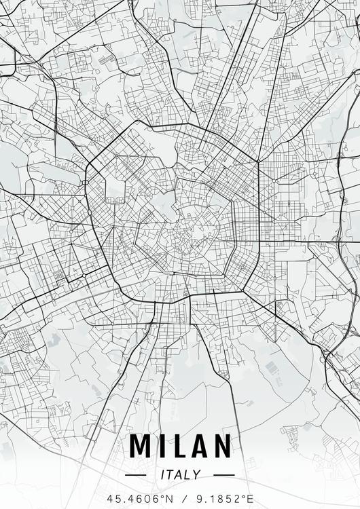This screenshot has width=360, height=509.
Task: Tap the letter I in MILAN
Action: [x=160, y=446]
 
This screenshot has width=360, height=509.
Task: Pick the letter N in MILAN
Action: [x=221, y=446]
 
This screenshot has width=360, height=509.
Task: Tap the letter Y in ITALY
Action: [x=197, y=475]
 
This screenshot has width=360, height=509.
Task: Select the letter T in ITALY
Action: [x=171, y=475]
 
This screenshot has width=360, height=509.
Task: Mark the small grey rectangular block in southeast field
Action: [x=272, y=369]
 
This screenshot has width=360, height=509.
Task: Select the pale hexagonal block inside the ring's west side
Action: [x=115, y=191]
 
